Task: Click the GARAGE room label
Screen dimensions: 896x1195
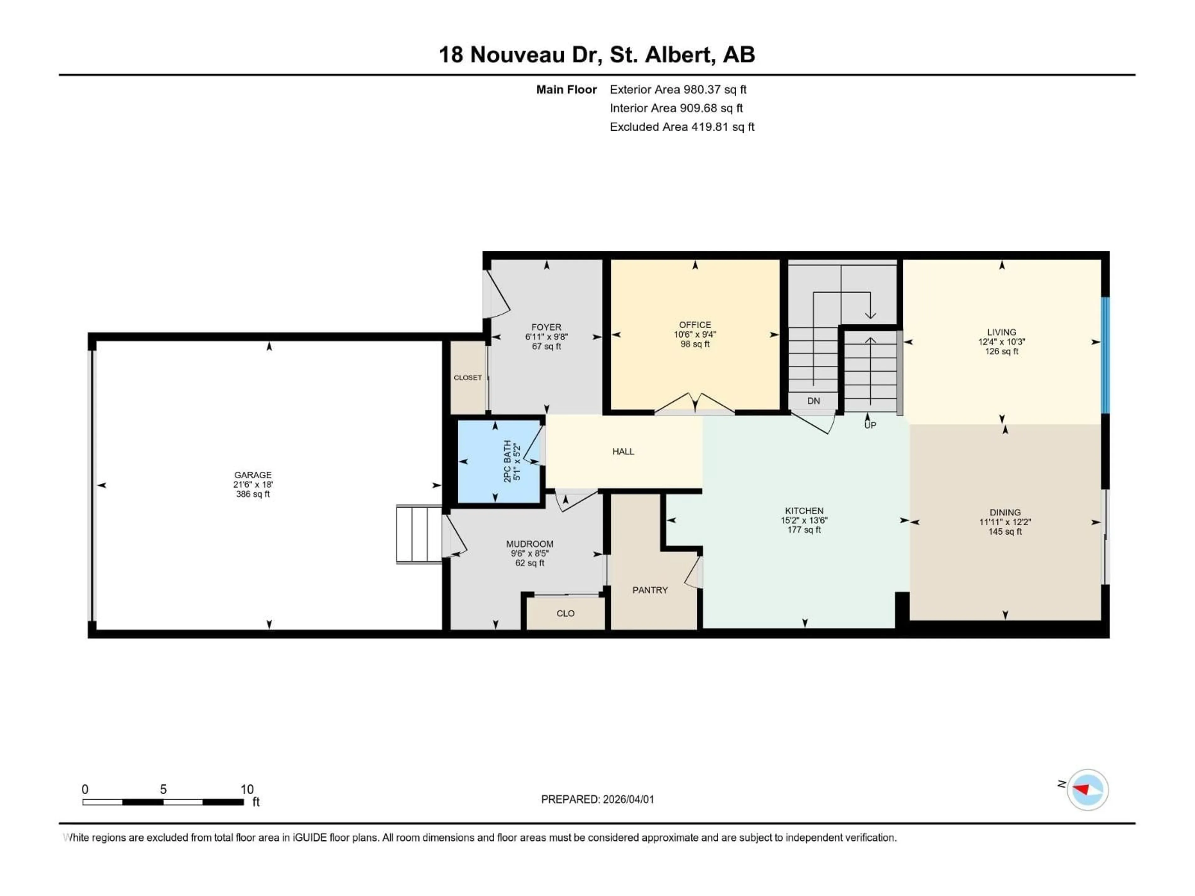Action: tap(252, 475)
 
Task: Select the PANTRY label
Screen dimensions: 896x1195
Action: tap(650, 590)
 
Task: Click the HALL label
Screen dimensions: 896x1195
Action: tap(623, 451)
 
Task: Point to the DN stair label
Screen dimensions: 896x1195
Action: tap(813, 401)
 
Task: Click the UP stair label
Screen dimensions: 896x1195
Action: tap(870, 425)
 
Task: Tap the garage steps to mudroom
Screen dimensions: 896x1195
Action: tap(419, 534)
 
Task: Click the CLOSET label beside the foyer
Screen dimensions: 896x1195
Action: tap(467, 377)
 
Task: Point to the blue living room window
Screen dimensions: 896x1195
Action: tap(1105, 355)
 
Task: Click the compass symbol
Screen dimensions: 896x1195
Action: tap(1088, 790)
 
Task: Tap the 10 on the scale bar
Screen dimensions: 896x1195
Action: tap(247, 789)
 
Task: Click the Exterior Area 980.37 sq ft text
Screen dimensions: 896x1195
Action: tap(678, 90)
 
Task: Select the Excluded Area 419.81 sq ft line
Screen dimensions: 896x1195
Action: tap(682, 127)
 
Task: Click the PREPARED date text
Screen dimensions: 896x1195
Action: tap(597, 799)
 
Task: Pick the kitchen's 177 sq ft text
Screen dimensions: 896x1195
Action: tap(804, 530)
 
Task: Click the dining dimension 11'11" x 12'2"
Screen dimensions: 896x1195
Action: tap(1005, 522)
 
